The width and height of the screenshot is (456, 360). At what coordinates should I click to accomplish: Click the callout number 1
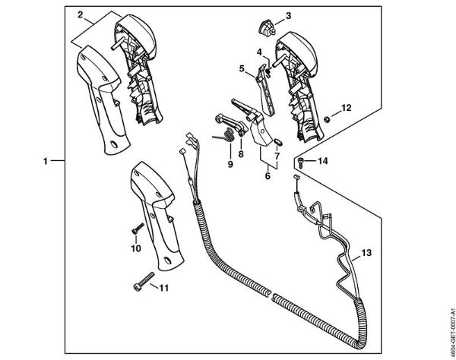click(46, 161)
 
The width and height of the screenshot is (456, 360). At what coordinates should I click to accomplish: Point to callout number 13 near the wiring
click(366, 251)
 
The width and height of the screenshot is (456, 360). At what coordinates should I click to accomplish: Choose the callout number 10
click(136, 248)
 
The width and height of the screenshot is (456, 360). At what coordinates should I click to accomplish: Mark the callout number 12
click(346, 108)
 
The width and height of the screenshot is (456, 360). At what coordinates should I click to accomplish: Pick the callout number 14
click(322, 161)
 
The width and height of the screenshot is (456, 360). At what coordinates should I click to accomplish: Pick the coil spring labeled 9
click(223, 138)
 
